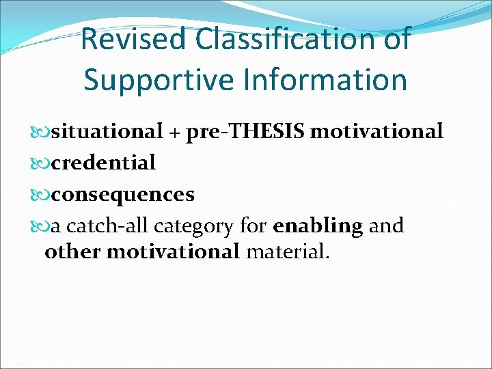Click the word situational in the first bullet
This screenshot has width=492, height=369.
click(107, 131)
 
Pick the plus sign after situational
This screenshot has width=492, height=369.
click(175, 132)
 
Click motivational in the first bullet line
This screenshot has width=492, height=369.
click(377, 131)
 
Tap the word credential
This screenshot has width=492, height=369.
click(104, 163)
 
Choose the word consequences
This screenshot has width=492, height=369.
click(123, 195)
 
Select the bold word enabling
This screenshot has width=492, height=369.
click(318, 226)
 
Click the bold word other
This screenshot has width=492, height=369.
click(73, 251)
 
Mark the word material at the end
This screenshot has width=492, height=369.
click(287, 251)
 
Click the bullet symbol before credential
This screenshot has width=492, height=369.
click(42, 163)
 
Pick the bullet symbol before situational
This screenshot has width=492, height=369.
click(42, 131)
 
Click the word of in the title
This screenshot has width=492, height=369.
click(396, 39)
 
